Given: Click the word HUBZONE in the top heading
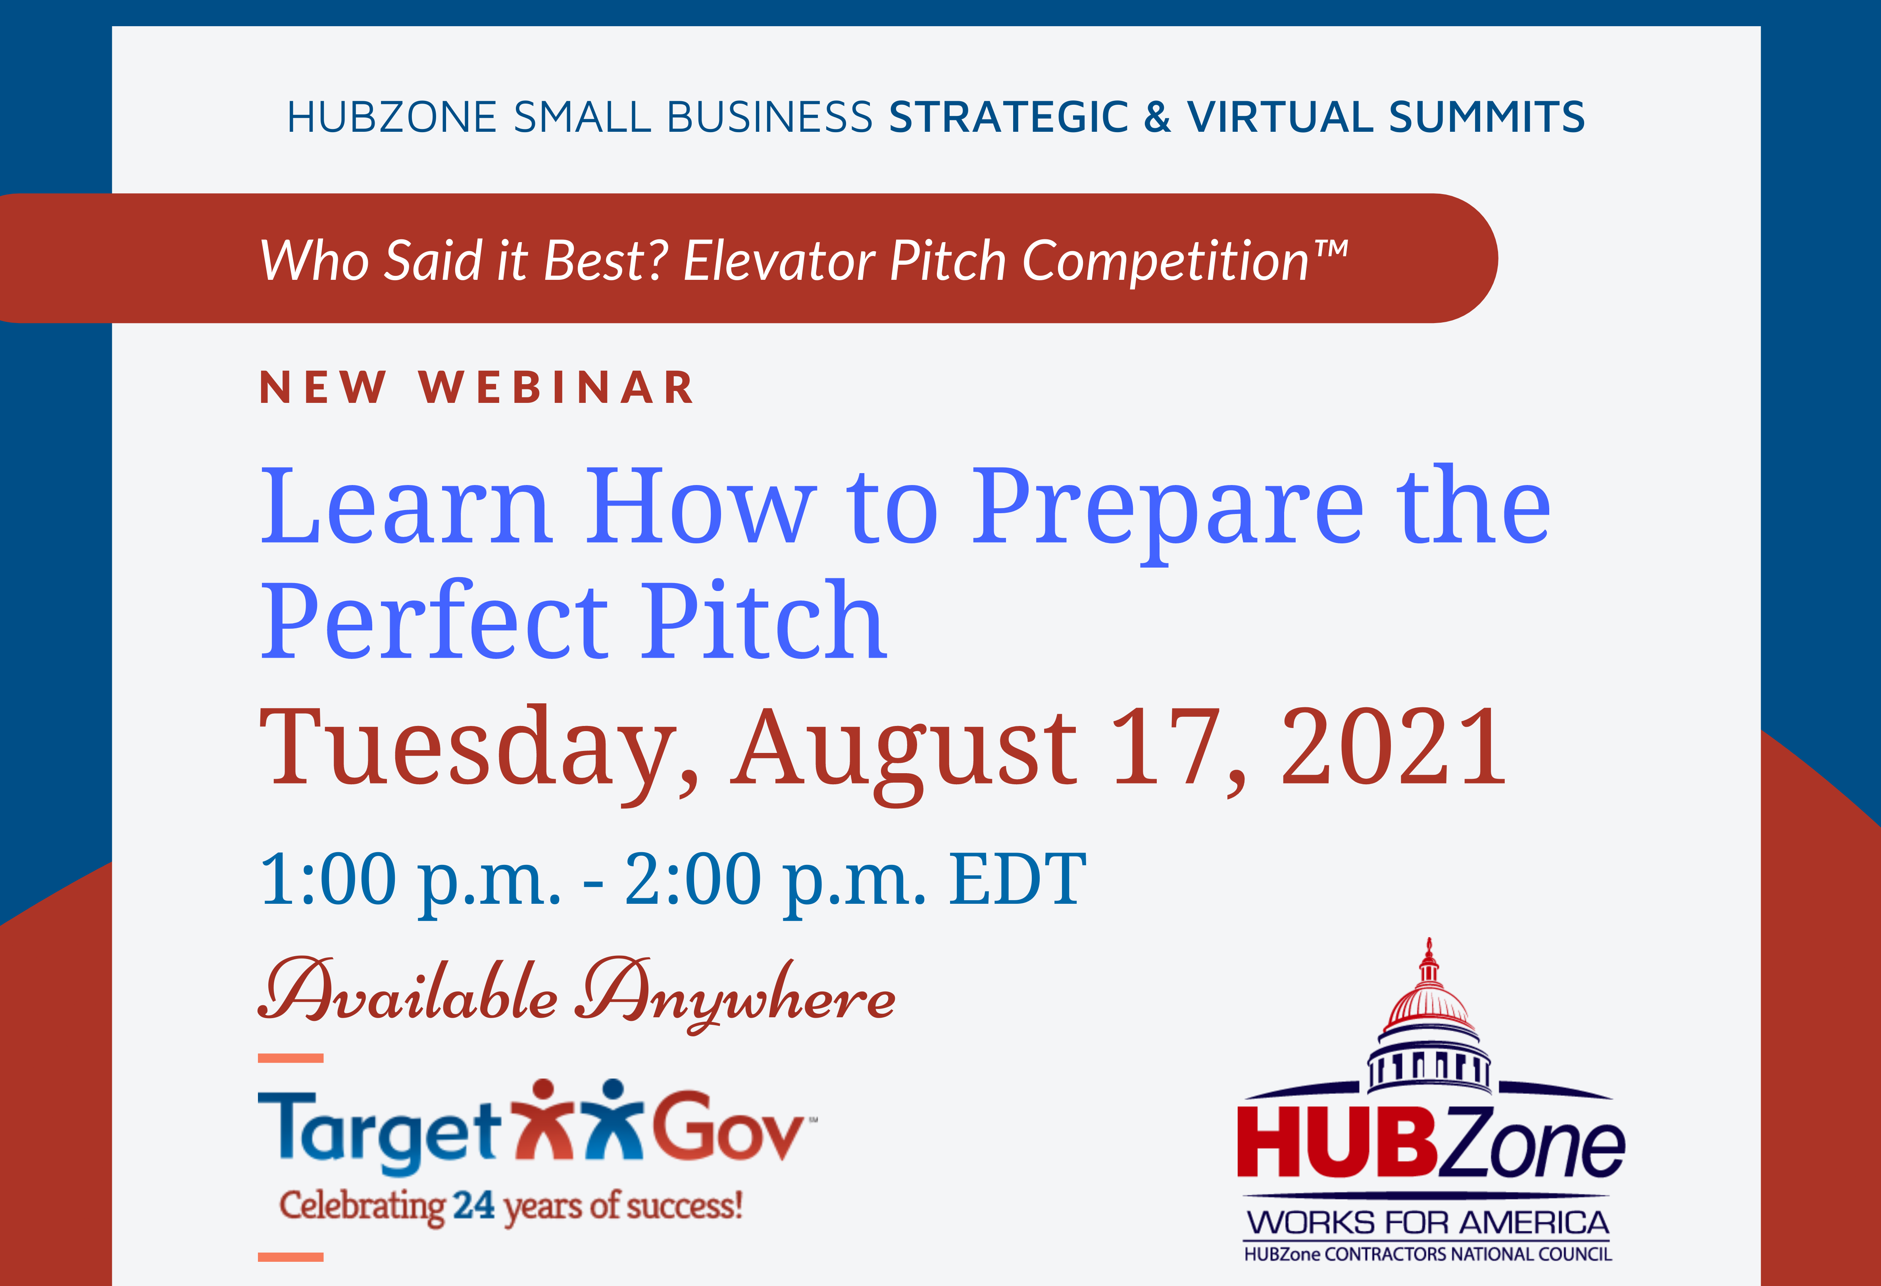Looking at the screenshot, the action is click(392, 117).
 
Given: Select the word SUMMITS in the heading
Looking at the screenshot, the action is click(1487, 117).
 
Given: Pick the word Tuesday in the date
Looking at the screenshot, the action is click(479, 749).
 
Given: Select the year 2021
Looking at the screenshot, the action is click(1394, 746).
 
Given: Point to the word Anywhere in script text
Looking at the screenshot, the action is click(735, 995).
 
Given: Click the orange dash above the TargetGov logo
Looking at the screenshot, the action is click(290, 1058).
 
